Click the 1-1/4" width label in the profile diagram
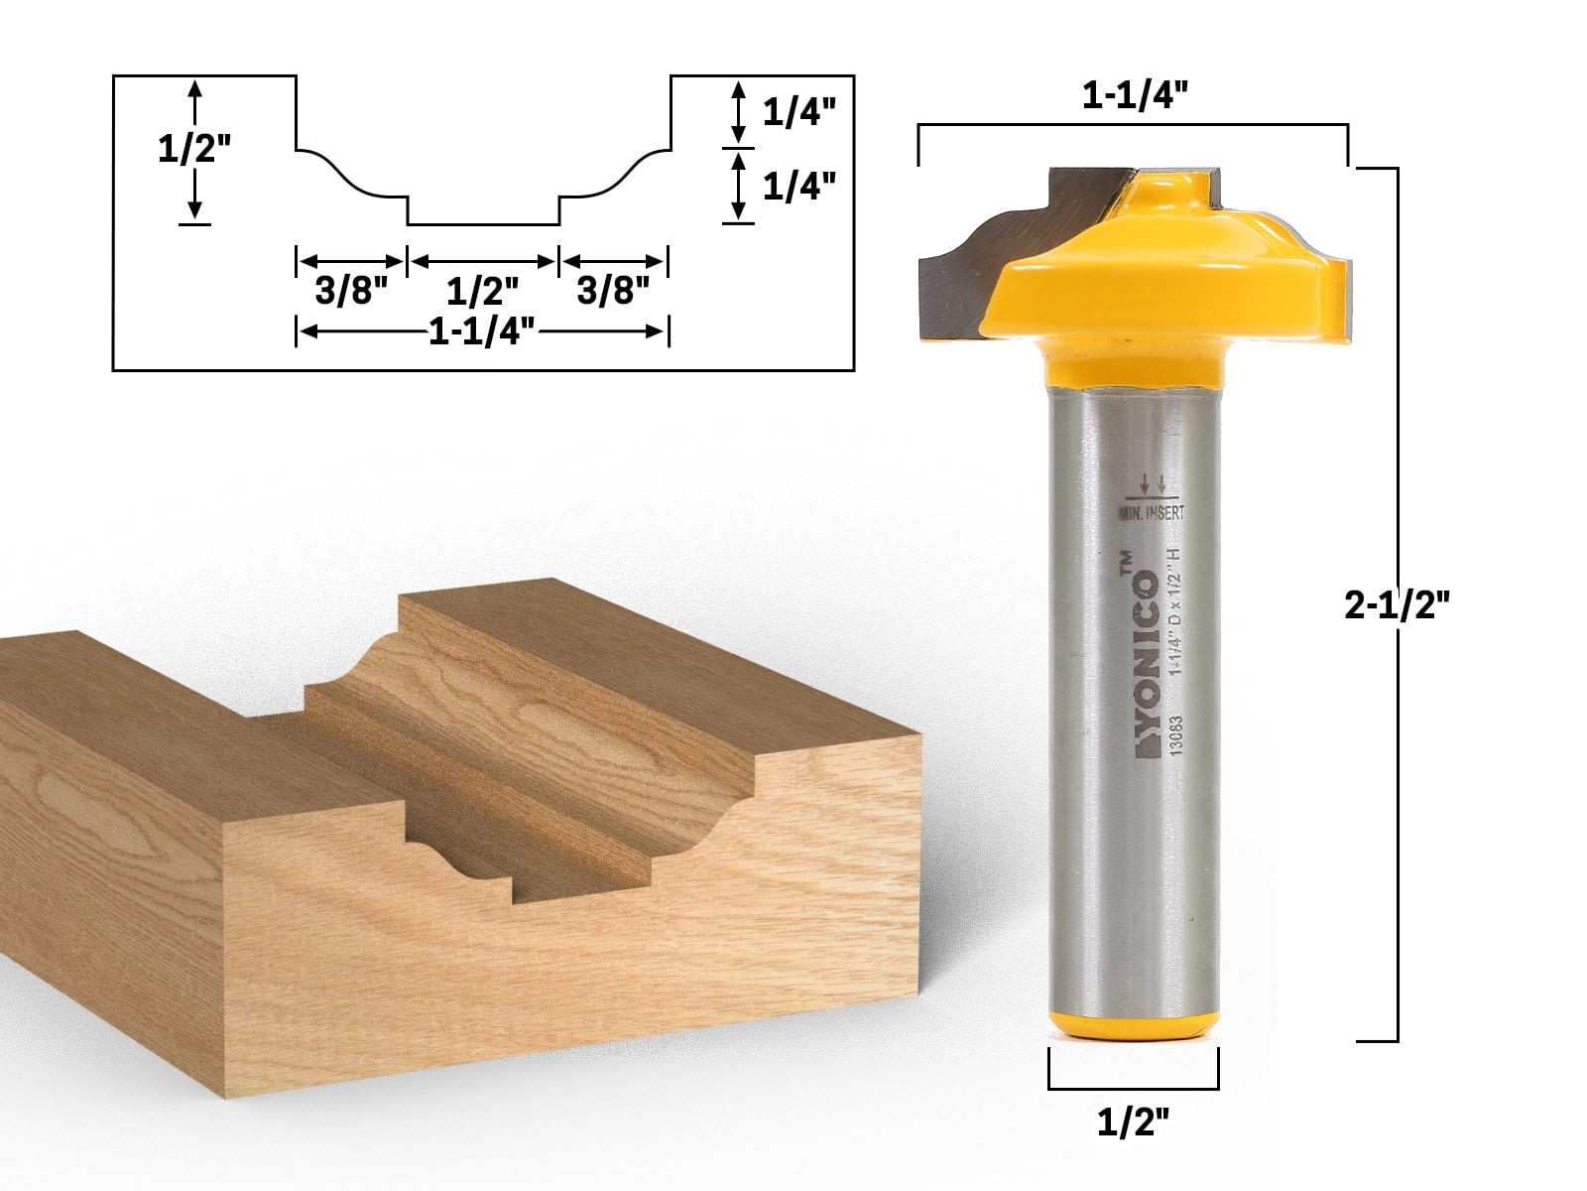coord(482,332)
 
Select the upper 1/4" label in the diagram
coord(793,112)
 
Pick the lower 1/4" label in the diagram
coord(793,185)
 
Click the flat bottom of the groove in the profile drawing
coord(483,225)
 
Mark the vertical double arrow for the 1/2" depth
coord(194,149)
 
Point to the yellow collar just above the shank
coord(1131,359)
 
